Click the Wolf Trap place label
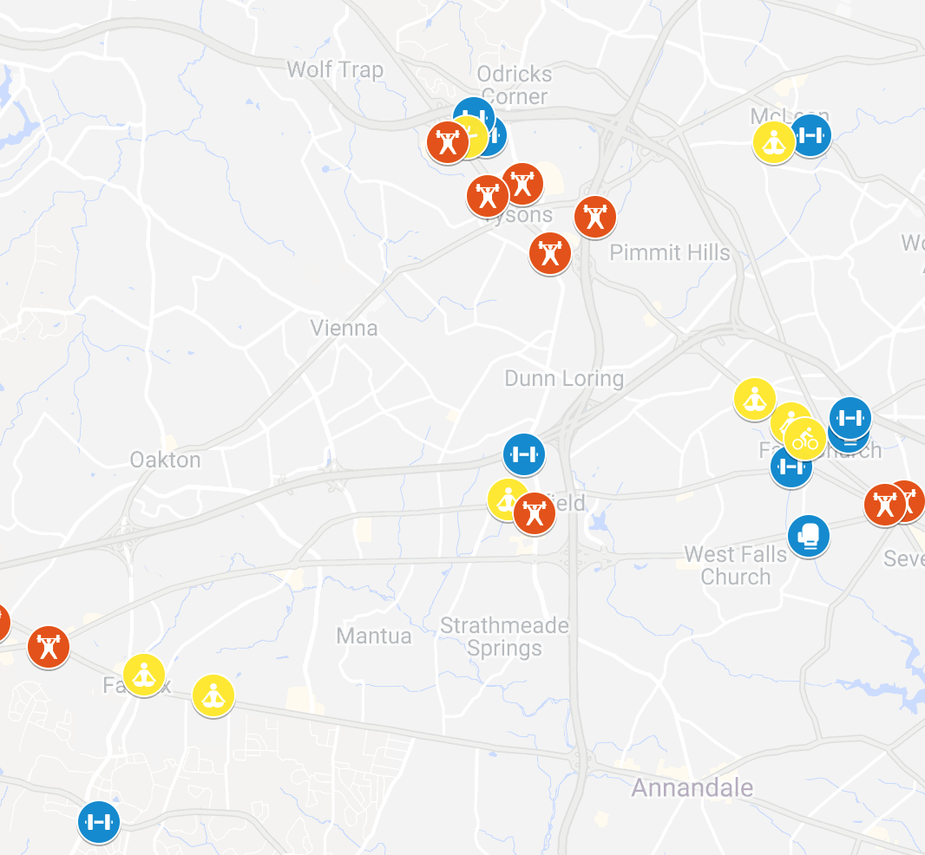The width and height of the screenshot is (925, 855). tap(335, 69)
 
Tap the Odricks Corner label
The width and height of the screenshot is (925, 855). tap(514, 85)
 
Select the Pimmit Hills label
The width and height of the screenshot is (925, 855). tap(670, 252)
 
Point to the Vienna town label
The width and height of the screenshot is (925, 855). tap(344, 328)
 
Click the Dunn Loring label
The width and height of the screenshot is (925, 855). tap(564, 378)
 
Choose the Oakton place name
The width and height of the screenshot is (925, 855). tap(165, 460)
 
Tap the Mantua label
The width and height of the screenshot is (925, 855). tap(374, 636)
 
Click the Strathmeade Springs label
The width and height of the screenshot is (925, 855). tap(504, 636)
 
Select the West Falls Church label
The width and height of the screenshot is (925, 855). tap(736, 565)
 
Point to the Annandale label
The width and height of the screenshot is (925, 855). tap(692, 788)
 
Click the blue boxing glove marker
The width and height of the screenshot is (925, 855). tap(809, 536)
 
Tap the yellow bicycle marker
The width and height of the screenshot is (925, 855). tap(805, 439)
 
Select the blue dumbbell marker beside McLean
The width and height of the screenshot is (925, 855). tap(810, 135)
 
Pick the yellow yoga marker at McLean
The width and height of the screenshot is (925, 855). tap(772, 142)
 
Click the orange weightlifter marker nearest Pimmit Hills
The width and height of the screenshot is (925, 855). tap(595, 216)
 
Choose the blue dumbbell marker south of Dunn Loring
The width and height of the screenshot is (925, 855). tap(524, 454)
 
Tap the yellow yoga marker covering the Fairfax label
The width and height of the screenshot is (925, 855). tap(144, 674)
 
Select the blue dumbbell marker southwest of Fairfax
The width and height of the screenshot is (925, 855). tap(99, 821)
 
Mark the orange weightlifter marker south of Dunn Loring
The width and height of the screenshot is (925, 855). tap(534, 513)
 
